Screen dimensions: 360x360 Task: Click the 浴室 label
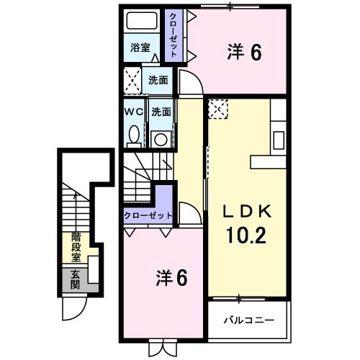[140, 48]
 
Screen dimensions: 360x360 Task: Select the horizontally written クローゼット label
[148, 215]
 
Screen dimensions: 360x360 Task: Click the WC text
[134, 112]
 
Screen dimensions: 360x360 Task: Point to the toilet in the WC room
[134, 134]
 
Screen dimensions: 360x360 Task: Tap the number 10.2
[246, 235]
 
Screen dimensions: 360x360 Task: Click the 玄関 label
[75, 279]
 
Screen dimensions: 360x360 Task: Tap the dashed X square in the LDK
[217, 109]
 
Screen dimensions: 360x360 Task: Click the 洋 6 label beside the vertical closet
[244, 52]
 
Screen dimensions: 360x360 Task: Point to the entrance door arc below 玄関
[73, 308]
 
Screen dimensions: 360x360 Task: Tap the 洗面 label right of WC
[161, 112]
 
